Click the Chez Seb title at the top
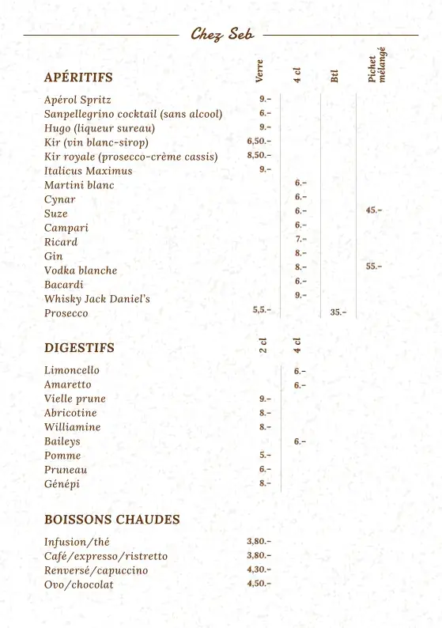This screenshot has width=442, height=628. pyautogui.click(x=221, y=34)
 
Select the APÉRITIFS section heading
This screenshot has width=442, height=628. pyautogui.click(x=78, y=78)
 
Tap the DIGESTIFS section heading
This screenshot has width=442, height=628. pyautogui.click(x=79, y=348)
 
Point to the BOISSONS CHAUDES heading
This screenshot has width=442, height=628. pyautogui.click(x=111, y=520)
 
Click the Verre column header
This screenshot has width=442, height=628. pyautogui.click(x=259, y=70)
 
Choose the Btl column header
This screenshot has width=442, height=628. pyautogui.click(x=334, y=76)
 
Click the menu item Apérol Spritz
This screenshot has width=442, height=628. pyautogui.click(x=77, y=100)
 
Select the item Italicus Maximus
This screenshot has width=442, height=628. pyautogui.click(x=88, y=171)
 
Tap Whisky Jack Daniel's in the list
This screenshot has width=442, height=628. pyautogui.click(x=96, y=299)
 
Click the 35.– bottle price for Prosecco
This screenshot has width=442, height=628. pyautogui.click(x=338, y=312)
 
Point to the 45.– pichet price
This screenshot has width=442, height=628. pyautogui.click(x=373, y=210)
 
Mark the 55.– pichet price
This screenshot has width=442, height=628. pyautogui.click(x=373, y=267)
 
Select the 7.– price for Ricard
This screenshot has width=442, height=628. pyautogui.click(x=300, y=239)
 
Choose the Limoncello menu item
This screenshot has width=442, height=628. pyautogui.click(x=72, y=370)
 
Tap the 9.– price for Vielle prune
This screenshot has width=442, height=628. pyautogui.click(x=265, y=399)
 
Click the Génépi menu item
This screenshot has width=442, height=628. pyautogui.click(x=62, y=484)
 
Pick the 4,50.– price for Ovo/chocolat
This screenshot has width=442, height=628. pyautogui.click(x=259, y=584)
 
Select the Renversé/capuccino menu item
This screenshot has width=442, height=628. pyautogui.click(x=96, y=570)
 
